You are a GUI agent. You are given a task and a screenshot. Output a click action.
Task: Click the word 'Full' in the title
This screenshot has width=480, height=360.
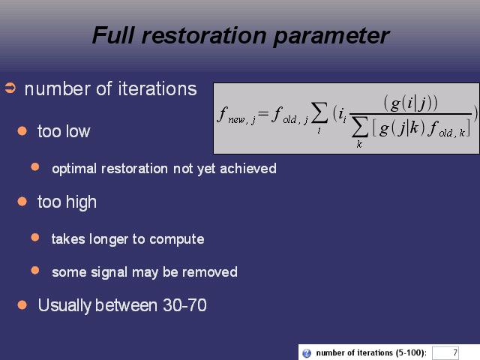tap(113, 35)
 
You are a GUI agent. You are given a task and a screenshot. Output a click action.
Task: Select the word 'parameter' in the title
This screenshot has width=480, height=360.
tap(331, 37)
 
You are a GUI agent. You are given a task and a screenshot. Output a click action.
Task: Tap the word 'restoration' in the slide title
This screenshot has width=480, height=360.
tap(203, 35)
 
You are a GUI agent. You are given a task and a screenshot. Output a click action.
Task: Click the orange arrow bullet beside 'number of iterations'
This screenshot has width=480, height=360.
tap(10, 88)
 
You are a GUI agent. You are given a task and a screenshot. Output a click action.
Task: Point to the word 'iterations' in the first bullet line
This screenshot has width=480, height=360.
tap(157, 89)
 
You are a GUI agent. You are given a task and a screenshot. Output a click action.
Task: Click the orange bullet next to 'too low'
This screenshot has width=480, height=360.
tap(22, 131)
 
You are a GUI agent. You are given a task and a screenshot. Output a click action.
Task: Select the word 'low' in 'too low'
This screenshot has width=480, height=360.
tap(77, 131)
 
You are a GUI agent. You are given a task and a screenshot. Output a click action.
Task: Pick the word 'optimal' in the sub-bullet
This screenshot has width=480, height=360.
tap(74, 169)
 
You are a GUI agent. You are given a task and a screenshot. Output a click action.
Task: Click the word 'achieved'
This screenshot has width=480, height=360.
tap(248, 169)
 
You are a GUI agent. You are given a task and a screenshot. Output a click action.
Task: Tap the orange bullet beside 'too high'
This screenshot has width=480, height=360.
tap(22, 202)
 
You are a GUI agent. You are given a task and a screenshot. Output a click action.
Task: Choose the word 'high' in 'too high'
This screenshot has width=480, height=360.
tap(81, 202)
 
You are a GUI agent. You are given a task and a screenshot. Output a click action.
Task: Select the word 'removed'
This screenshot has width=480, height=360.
tap(210, 272)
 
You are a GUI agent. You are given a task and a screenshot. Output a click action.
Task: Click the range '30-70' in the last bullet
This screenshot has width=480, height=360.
tap(184, 305)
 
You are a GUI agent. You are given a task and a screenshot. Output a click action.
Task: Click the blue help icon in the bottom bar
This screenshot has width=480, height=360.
tap(307, 353)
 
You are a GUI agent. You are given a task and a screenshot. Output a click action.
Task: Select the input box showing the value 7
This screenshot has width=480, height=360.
tap(445, 353)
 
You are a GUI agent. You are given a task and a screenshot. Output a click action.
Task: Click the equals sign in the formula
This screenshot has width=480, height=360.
tap(262, 114)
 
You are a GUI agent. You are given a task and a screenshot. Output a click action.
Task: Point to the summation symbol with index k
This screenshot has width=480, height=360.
tap(359, 128)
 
